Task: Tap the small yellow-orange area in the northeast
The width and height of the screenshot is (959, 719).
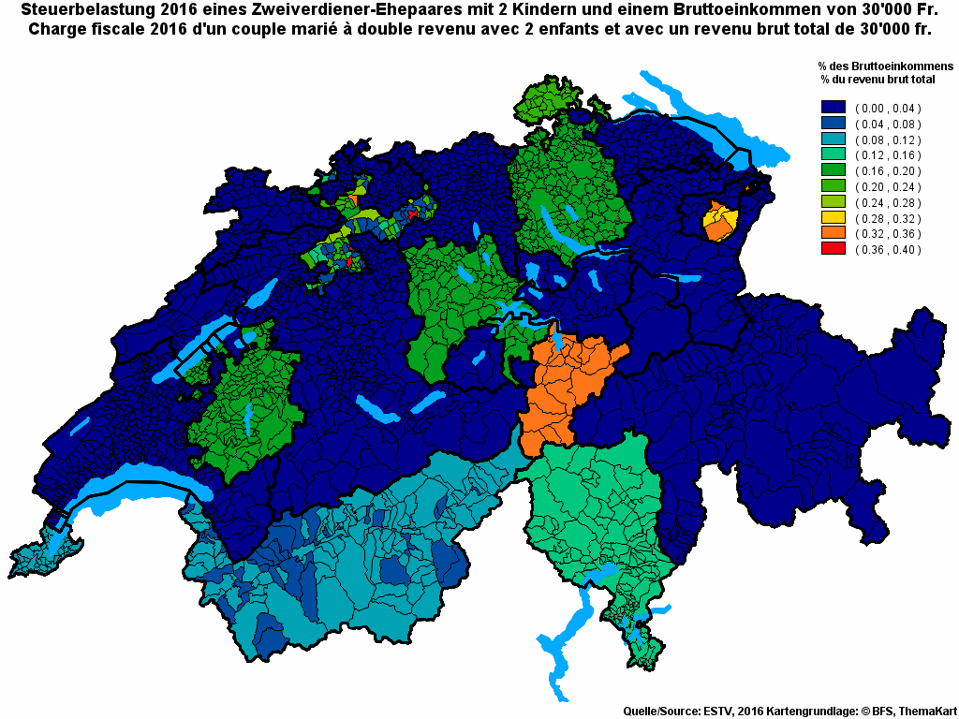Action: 719,223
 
